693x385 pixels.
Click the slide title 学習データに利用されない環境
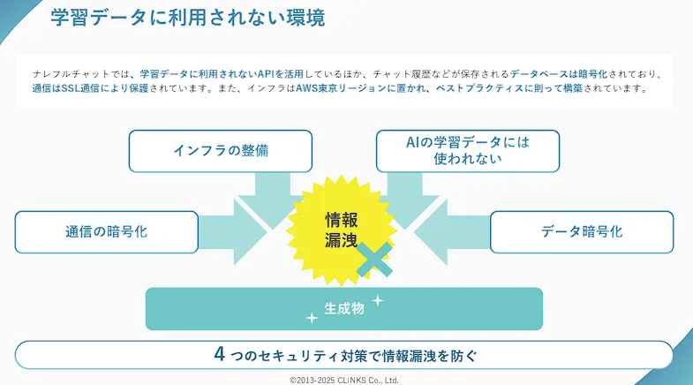tap(187, 17)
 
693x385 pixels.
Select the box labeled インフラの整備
tap(220, 150)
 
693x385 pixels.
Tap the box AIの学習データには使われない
tap(467, 150)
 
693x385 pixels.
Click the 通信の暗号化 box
tap(106, 231)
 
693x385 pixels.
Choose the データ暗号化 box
tap(581, 231)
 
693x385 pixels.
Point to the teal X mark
tap(374, 260)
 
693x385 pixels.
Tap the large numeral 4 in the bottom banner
tap(220, 354)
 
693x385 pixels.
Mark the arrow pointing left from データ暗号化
tap(450, 231)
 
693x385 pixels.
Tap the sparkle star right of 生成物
tap(377, 300)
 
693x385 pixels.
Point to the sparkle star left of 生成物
tap(311, 318)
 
